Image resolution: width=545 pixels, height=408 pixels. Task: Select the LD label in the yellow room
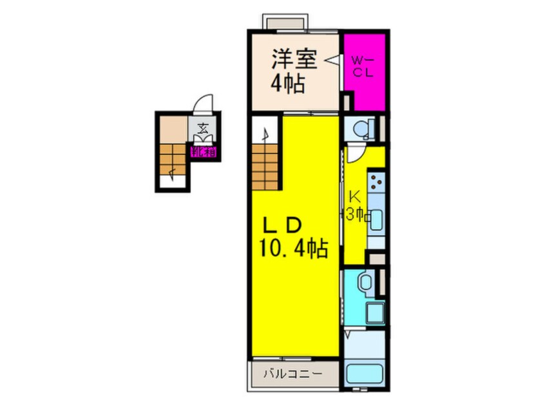point(282,226)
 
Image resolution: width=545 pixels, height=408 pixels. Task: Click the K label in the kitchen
point(354,196)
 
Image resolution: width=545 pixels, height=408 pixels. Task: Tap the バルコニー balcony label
point(292,373)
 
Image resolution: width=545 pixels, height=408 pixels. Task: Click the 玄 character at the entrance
point(203,128)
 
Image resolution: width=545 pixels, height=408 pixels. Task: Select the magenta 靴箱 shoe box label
point(204,153)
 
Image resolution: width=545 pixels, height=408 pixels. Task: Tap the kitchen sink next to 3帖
point(376,217)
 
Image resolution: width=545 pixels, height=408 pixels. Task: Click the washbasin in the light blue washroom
point(364,281)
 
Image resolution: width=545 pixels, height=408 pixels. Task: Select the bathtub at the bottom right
point(364,375)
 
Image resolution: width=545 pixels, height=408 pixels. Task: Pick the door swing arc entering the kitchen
point(355,154)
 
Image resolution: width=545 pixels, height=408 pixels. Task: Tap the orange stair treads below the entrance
point(173,158)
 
